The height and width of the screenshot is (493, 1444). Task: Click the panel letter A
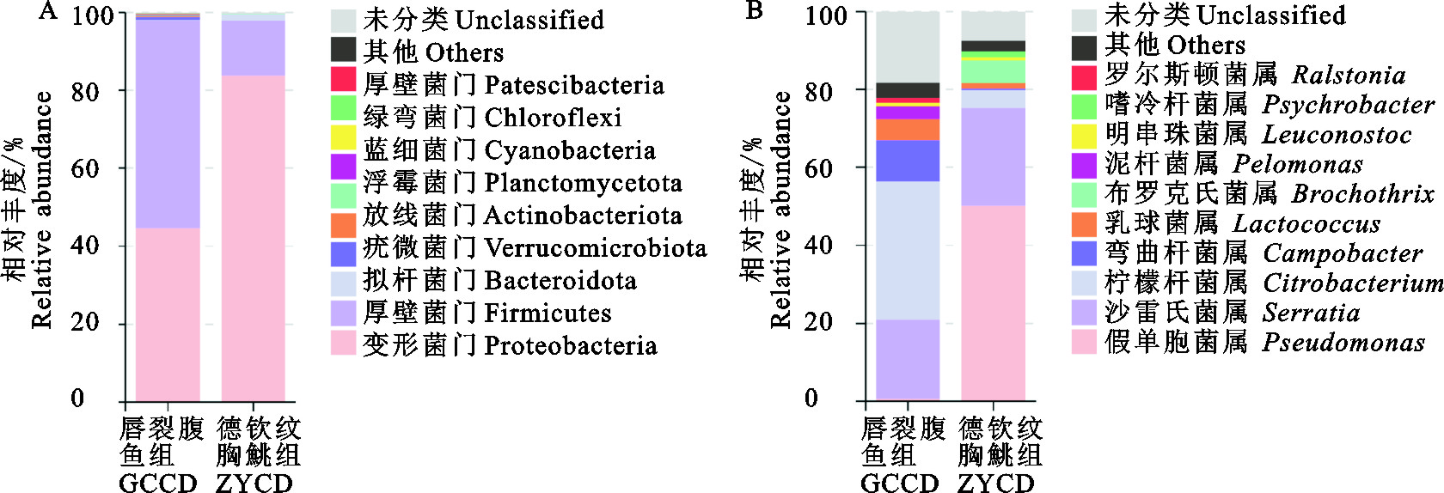[49, 11]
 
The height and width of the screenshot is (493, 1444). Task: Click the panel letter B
[754, 11]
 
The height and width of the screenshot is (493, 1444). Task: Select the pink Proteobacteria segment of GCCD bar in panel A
[168, 313]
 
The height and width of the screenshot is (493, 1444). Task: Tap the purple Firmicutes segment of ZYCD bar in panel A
[253, 48]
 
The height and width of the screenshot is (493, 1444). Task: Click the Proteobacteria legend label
[510, 345]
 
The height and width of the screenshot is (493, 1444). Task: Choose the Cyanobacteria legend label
[509, 150]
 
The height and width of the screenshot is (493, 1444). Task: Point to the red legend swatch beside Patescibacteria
[344, 80]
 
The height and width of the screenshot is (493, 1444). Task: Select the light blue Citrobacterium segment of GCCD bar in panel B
[908, 250]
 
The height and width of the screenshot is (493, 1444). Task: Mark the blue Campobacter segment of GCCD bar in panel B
[908, 161]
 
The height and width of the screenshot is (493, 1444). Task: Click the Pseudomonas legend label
[1264, 342]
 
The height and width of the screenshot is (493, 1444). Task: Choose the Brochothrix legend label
[1270, 194]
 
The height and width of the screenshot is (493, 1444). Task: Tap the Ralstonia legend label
[1255, 76]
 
